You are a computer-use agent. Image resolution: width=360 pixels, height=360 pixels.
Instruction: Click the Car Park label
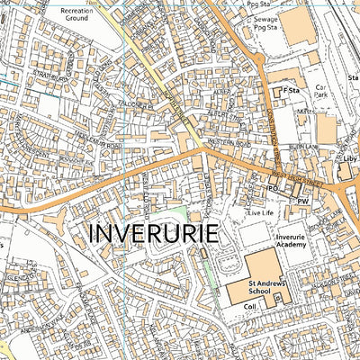pos(323,93)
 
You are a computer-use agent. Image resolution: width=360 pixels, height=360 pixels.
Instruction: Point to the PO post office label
pos(272,188)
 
